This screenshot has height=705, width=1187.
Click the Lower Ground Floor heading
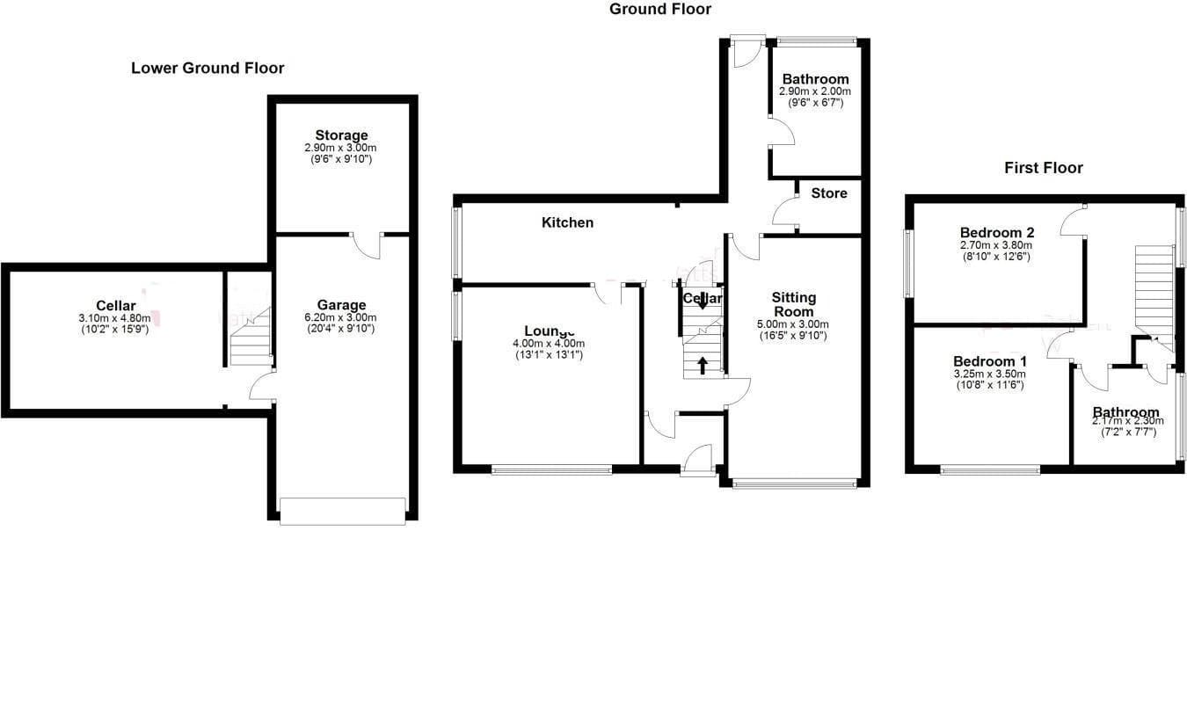208,68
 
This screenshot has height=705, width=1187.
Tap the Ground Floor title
660,9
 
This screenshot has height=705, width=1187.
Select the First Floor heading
1044,167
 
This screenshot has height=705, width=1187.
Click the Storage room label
342,135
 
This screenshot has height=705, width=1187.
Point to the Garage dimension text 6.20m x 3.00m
342,317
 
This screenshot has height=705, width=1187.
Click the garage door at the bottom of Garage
343,511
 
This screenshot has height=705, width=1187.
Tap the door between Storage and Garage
366,243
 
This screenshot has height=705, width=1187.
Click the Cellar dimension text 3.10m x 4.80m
116,318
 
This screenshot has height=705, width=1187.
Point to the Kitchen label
567,222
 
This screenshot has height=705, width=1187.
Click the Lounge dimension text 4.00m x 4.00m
549,344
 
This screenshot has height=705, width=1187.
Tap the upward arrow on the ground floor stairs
702,364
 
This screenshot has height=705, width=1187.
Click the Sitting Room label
794,304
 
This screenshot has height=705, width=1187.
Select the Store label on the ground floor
829,193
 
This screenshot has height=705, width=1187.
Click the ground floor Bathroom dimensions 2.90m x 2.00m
815,91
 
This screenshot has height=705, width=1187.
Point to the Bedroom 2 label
996,232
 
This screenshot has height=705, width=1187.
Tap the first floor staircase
1154,286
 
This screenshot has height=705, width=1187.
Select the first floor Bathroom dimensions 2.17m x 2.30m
1125,421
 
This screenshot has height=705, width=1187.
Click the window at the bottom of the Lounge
551,470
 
